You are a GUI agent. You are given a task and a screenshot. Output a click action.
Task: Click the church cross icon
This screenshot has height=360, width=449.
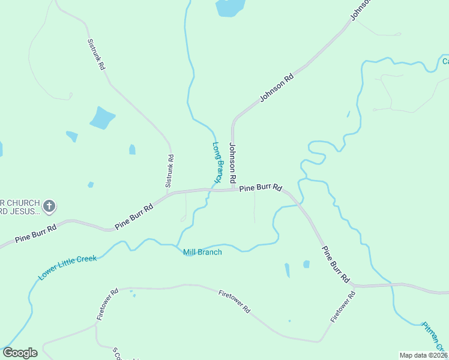point(50,207)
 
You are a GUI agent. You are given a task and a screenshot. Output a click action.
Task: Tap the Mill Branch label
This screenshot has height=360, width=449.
point(202,252)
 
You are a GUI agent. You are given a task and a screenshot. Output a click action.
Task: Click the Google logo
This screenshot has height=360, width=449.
point(20,353)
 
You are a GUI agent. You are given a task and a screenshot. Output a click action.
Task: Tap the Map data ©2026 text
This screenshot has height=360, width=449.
point(423,355)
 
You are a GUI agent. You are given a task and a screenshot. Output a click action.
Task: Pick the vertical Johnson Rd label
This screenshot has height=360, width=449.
point(234,163)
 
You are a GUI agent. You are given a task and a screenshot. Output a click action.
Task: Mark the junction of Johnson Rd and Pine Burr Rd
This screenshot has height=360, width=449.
point(233,190)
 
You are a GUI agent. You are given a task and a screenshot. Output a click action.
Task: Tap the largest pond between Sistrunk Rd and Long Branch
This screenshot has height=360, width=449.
point(102,118)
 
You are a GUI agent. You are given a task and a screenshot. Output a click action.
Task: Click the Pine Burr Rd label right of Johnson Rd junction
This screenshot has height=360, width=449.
point(261,188)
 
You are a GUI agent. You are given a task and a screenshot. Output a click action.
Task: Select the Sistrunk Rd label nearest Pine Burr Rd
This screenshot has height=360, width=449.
point(170,169)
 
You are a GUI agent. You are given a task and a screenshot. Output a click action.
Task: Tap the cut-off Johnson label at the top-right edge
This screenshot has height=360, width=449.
point(360,10)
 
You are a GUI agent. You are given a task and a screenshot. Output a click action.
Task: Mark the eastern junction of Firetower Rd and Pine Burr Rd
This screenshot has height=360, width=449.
point(354,286)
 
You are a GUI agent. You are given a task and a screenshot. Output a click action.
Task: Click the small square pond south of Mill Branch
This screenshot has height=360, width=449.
point(306,264)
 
